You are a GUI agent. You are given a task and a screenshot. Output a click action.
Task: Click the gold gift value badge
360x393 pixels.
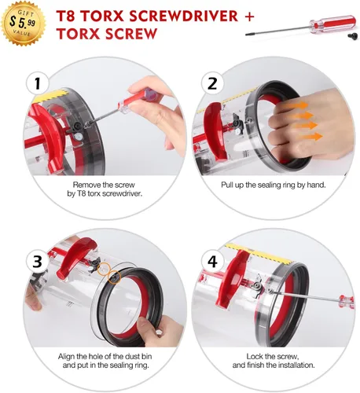(x=23, y=24)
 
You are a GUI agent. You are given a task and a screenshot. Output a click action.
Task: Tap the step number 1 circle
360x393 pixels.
(x=38, y=83)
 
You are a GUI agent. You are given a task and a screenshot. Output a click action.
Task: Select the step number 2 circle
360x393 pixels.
(x=212, y=83)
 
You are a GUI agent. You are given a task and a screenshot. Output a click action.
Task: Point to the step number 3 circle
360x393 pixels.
(x=38, y=261)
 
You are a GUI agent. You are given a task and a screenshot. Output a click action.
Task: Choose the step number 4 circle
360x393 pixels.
(x=212, y=261)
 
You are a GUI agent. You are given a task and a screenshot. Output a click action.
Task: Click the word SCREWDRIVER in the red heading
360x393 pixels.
(x=183, y=17)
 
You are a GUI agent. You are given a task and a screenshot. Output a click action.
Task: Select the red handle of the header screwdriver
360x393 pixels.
(x=332, y=24)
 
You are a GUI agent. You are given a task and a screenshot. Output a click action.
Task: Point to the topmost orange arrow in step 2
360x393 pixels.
(x=298, y=106)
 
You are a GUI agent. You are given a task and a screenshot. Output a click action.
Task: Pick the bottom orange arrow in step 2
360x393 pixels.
(x=310, y=137)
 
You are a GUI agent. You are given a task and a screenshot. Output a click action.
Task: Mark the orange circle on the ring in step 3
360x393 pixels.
(x=115, y=277)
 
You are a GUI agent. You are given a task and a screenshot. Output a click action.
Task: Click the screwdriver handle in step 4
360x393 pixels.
(x=346, y=302)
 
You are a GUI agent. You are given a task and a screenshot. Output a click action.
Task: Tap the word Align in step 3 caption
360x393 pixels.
(x=67, y=357)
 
